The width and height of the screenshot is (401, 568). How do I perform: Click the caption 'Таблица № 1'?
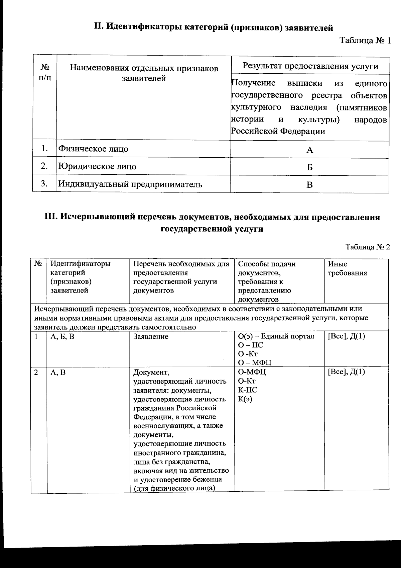tap(365, 41)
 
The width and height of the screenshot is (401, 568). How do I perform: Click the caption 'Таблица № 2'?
tap(368, 247)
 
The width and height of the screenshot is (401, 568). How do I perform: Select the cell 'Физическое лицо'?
tap(93, 149)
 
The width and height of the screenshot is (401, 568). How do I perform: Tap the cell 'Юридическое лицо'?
tap(97, 166)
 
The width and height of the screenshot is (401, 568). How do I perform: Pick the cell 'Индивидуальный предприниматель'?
tap(130, 184)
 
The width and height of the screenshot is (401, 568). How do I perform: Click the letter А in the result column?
tap(310, 150)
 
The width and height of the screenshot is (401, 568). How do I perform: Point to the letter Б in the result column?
tap(310, 167)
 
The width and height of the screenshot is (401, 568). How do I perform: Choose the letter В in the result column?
tap(310, 185)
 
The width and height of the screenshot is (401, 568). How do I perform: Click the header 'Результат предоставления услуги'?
tap(310, 66)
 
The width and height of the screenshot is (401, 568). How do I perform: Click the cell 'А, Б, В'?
tap(62, 336)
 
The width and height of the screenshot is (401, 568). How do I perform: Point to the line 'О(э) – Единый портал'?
tap(276, 336)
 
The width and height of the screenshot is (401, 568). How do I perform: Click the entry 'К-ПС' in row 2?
tap(247, 390)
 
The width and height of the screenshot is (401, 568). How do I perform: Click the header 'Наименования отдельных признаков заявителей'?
tap(144, 73)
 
